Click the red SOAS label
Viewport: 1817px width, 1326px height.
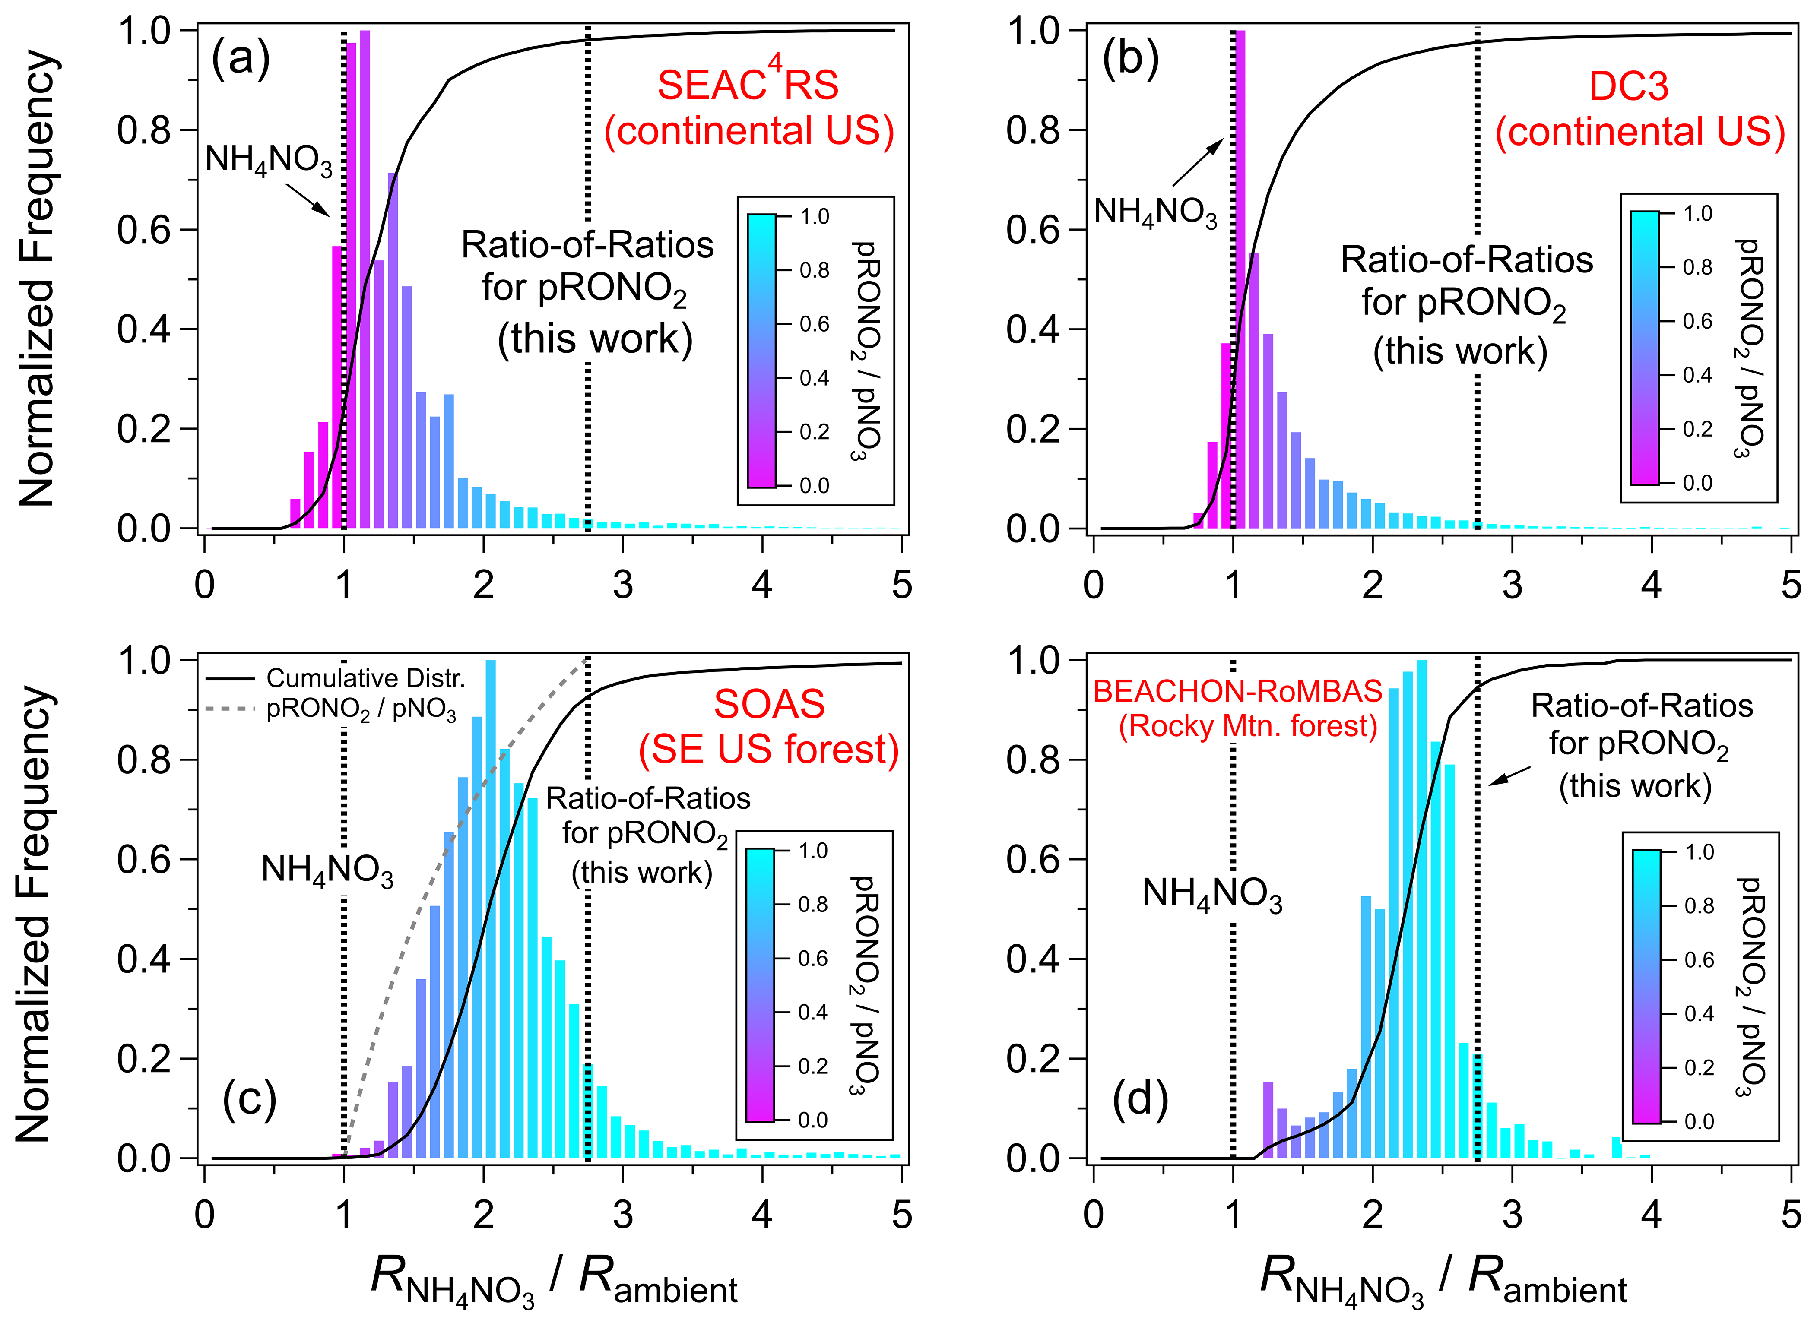tap(769, 704)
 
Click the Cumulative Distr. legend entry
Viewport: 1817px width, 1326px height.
tap(365, 678)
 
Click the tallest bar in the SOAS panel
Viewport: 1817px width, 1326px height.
tap(491, 907)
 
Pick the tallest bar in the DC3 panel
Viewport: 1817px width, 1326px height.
tap(1240, 273)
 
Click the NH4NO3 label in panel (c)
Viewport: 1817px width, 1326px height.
tap(327, 870)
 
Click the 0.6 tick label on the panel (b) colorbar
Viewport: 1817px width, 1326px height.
tap(1697, 321)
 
